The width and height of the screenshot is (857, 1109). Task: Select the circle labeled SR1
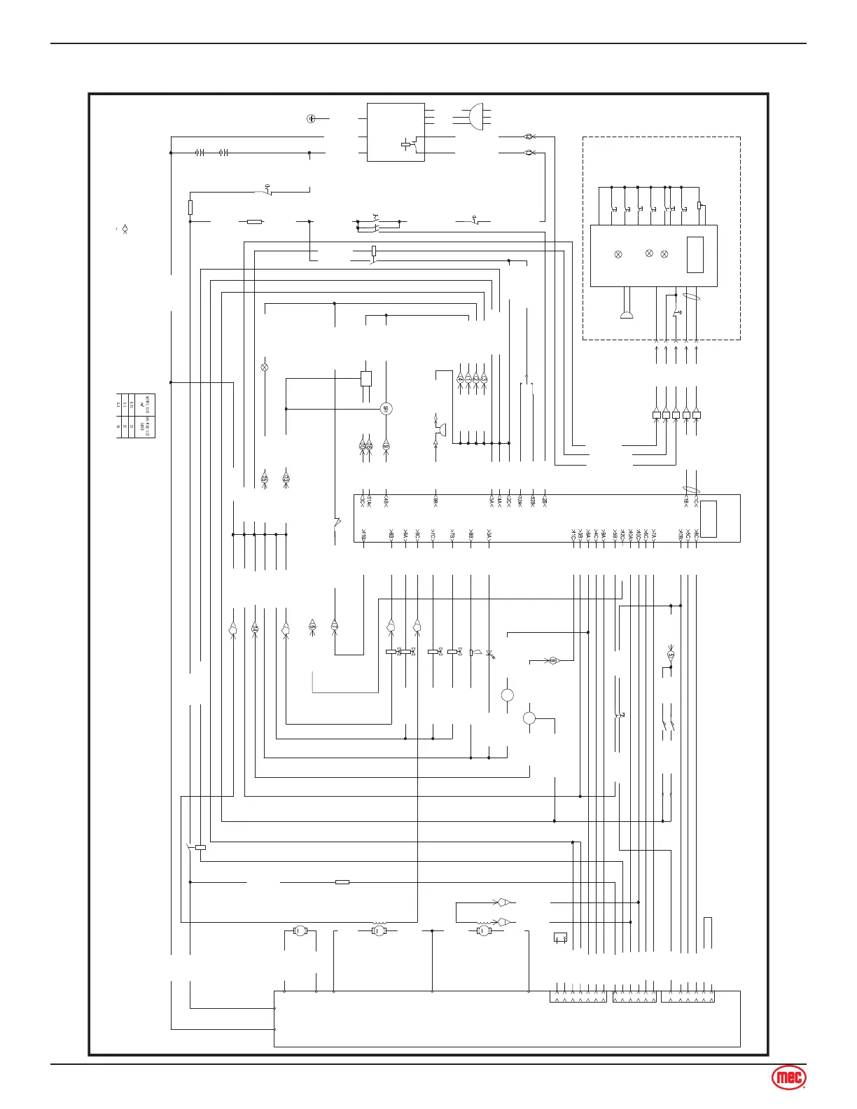(385, 409)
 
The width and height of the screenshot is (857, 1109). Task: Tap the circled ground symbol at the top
(311, 118)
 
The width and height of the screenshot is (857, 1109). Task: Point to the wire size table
(136, 416)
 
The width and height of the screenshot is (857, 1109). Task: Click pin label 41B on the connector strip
(363, 536)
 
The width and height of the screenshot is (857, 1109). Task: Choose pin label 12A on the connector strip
(520, 500)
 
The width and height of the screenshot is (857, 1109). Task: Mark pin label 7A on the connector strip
(653, 536)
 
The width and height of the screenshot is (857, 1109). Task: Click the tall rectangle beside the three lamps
(695, 255)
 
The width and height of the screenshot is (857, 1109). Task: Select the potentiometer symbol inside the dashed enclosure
(699, 206)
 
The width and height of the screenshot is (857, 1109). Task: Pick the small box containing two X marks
(559, 937)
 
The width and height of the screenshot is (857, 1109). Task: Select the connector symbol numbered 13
(286, 478)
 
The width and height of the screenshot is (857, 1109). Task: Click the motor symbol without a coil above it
(300, 931)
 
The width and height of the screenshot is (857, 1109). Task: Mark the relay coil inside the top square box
(405, 144)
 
